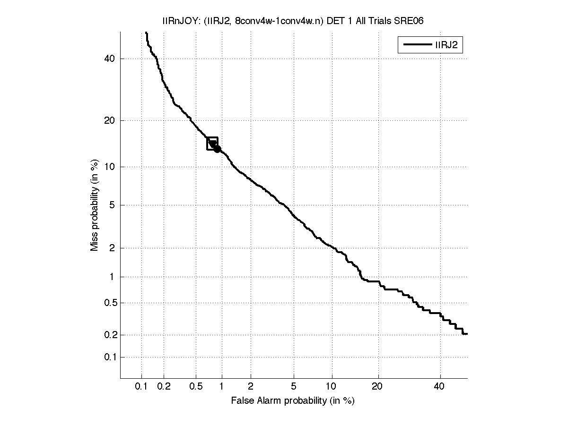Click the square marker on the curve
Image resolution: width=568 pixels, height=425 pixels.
coord(212,143)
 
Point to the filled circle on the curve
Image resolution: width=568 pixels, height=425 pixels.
coord(217,149)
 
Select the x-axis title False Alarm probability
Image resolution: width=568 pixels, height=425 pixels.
coord(293,401)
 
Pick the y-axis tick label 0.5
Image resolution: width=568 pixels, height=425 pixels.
coord(110,303)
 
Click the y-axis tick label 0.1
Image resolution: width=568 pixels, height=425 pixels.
coord(110,357)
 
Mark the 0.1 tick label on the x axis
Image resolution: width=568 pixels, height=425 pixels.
coord(141,386)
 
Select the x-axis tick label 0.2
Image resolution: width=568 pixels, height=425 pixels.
coord(164,386)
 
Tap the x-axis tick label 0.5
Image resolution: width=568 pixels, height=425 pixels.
coord(195,386)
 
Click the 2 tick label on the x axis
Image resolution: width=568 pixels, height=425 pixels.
coord(251,386)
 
